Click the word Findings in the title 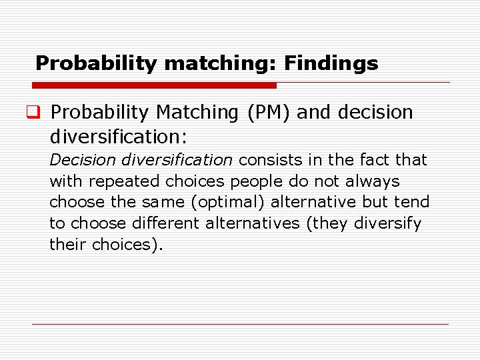(331, 63)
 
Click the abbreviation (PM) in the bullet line (269, 113)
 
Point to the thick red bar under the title (154, 85)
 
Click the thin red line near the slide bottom (240, 325)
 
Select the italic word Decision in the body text (77, 160)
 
